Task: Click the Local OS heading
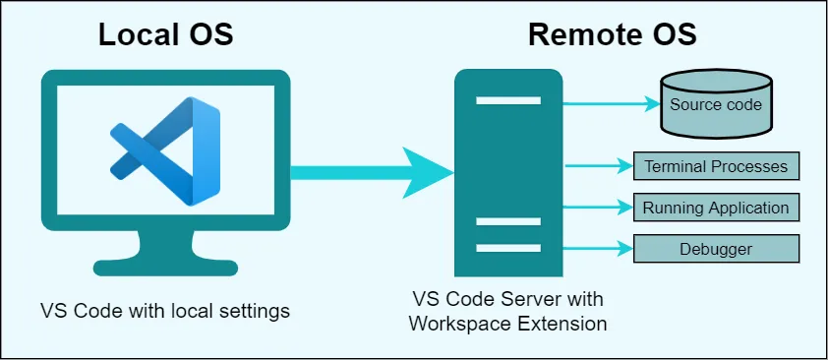point(164,34)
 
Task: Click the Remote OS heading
point(612,34)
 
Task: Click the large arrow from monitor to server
point(374,172)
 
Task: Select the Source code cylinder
point(716,104)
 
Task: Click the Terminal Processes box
point(716,166)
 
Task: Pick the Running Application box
point(716,208)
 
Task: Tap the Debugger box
point(716,249)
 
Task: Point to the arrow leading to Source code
point(610,102)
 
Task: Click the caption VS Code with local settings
point(165,311)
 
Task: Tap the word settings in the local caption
point(257,311)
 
